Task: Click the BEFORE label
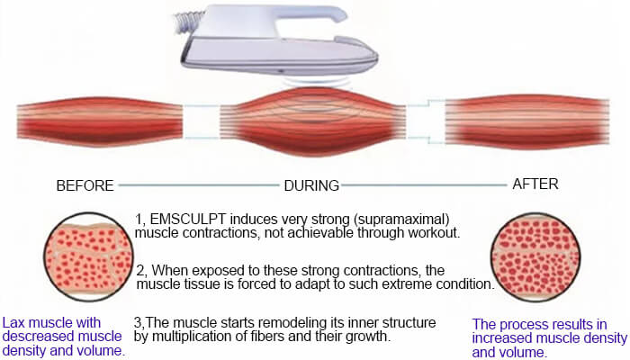(x=85, y=186)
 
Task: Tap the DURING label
(x=311, y=186)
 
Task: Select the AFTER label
(x=535, y=184)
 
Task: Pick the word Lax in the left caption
(x=15, y=322)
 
